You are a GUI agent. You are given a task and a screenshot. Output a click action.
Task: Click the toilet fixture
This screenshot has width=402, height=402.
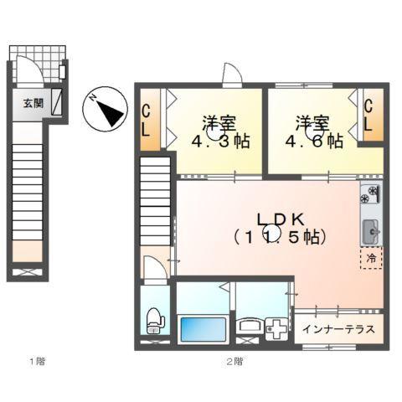tap(153, 318)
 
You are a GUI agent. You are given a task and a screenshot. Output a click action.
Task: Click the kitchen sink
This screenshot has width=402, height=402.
tap(369, 229)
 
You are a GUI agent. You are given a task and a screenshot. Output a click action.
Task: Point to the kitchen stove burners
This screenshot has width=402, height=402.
tap(369, 197)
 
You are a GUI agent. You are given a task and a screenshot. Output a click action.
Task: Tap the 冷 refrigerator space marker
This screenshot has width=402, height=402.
tap(369, 259)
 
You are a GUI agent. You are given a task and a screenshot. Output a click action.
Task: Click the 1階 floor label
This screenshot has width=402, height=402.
tap(38, 362)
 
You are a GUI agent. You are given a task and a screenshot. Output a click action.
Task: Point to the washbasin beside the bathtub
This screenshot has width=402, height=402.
tap(249, 327)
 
